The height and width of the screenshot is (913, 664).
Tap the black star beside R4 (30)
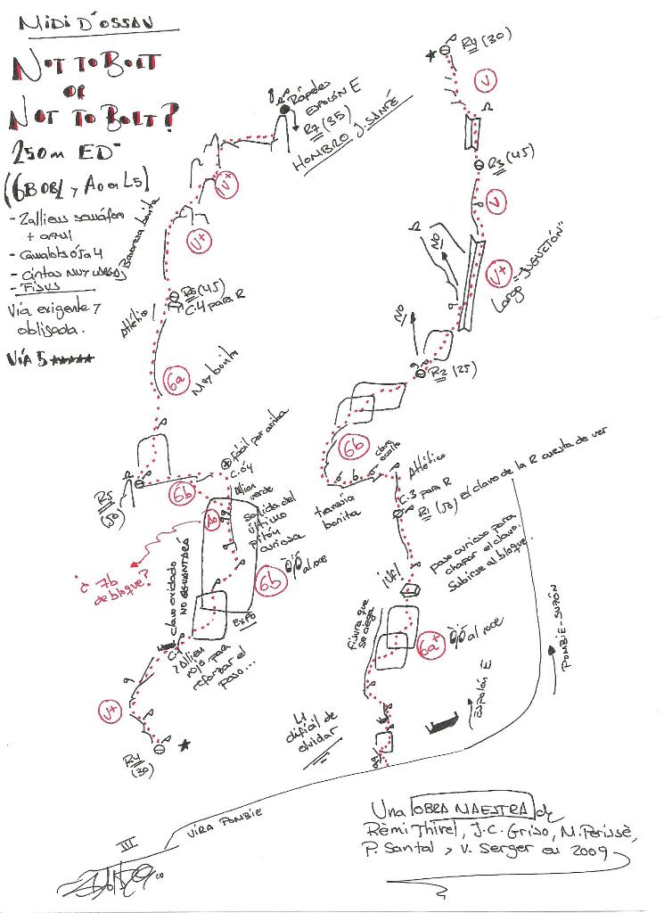[x=184, y=745]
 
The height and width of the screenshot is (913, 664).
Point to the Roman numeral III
[x=132, y=847]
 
